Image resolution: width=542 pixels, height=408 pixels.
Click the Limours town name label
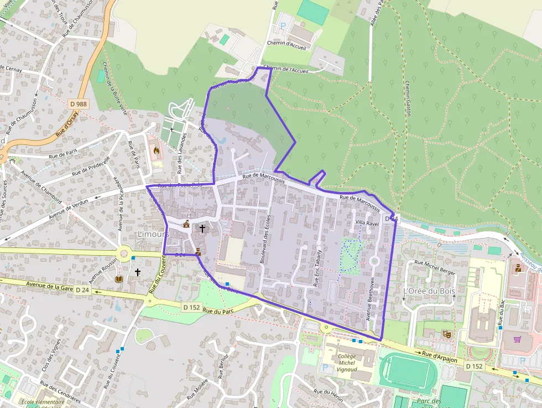pos(153,235)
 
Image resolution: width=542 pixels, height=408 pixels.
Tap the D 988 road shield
pos(79,104)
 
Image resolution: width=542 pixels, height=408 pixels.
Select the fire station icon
pos(155,149)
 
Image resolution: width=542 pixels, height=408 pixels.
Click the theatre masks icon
pos(446,334)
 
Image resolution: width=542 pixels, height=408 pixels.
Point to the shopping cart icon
pos(517,339)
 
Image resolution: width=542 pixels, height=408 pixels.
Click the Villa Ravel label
pos(367,223)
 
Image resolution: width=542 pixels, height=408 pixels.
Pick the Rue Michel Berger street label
pos(435,267)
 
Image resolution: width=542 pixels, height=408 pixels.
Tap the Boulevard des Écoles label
pos(264,239)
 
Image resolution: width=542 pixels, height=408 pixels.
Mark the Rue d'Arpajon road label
pos(440,356)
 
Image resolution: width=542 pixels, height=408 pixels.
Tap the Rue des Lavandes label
pos(180,152)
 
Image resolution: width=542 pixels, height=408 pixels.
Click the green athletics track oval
pos(408,371)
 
